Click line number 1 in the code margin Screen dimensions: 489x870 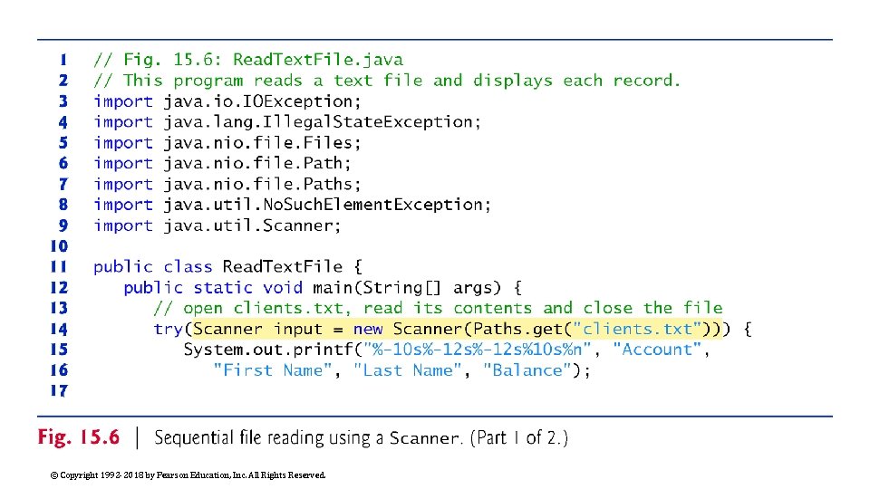coord(63,60)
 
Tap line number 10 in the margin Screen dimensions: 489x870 coord(58,246)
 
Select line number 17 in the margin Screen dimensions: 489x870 coord(58,391)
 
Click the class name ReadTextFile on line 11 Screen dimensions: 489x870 coord(283,267)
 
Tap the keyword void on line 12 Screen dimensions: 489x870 coord(282,288)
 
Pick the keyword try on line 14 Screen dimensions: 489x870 coord(168,330)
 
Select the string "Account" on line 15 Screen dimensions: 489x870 coord(657,350)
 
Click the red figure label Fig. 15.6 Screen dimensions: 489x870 coord(79,438)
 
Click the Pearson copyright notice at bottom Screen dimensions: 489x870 coord(188,475)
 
